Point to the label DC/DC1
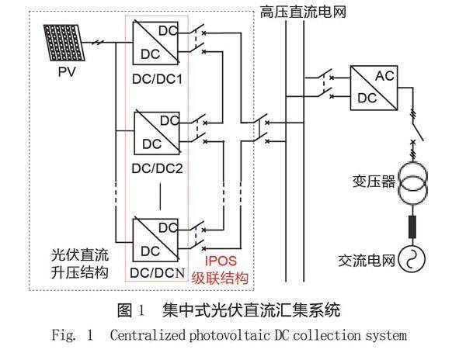157,80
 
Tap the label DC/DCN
157,272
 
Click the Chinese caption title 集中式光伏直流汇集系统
252,312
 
